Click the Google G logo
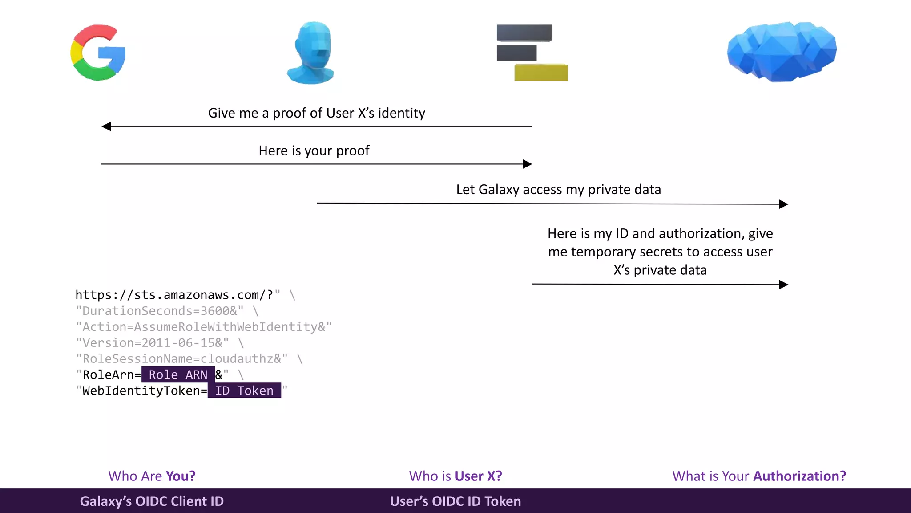98,53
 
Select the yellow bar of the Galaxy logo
541,73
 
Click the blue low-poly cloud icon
782,51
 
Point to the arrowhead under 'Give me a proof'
106,126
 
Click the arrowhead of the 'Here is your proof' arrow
527,164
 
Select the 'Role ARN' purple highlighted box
178,375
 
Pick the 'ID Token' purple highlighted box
244,391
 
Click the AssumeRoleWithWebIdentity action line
204,327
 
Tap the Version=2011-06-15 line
152,343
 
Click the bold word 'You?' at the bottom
181,476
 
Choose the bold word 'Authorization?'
799,476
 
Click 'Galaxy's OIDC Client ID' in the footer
152,501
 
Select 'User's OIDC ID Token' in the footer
455,501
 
